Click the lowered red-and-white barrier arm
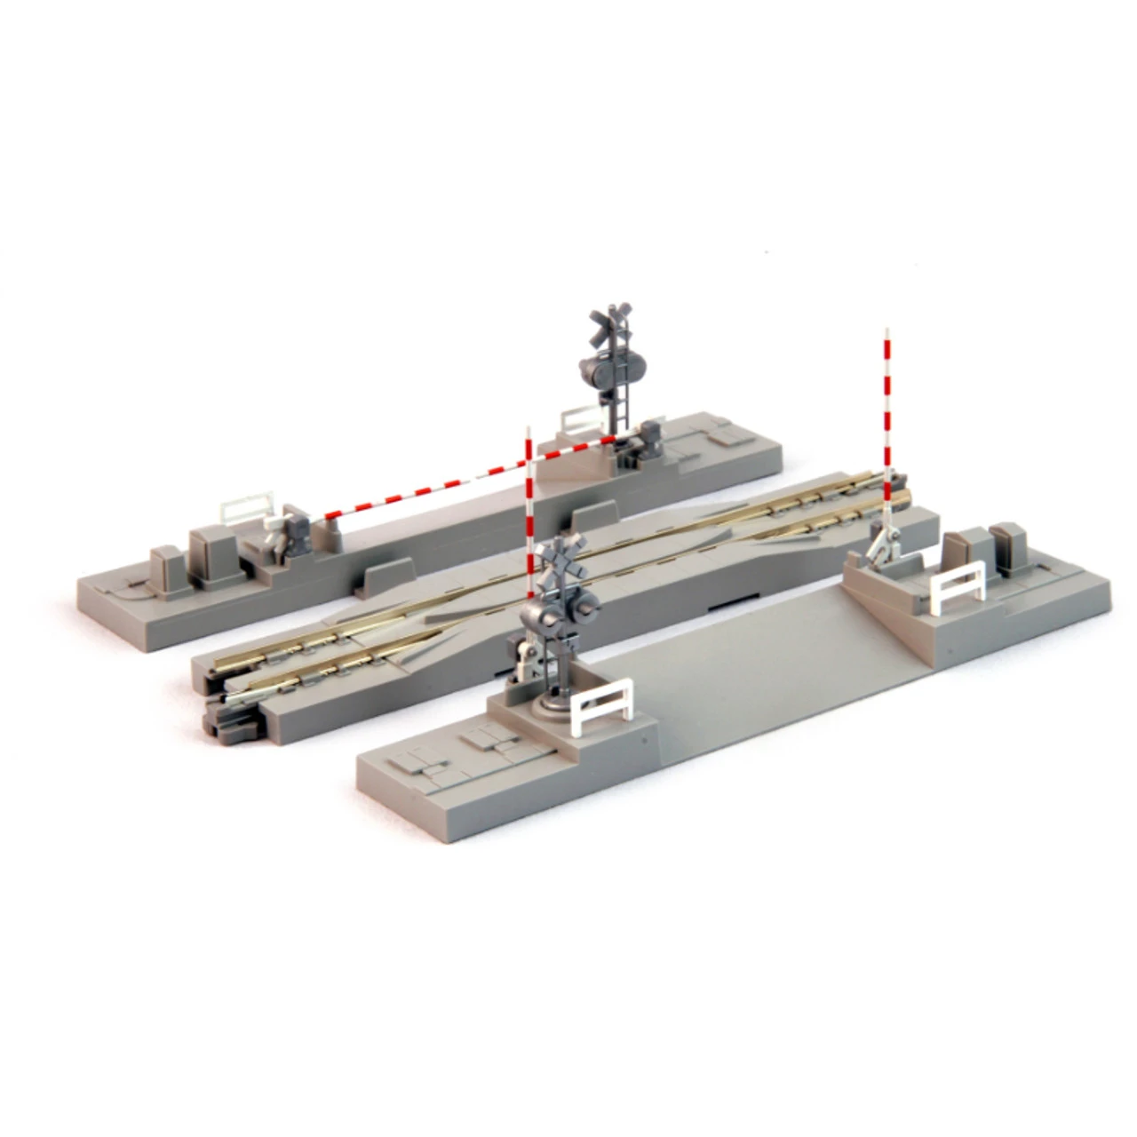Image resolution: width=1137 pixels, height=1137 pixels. click(x=462, y=474)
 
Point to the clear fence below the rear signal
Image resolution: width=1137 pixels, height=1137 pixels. click(x=582, y=417)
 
